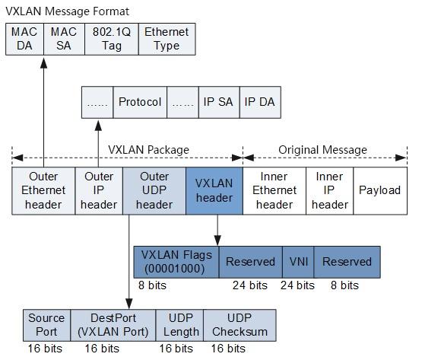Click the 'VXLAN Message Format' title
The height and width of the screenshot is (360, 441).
tap(68, 11)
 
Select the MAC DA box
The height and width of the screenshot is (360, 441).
tap(24, 39)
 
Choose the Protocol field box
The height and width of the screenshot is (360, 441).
tap(139, 102)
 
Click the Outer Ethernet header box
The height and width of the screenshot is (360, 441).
tap(43, 190)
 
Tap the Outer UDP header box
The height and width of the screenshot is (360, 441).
tap(157, 190)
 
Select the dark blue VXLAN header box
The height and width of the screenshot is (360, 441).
tap(214, 190)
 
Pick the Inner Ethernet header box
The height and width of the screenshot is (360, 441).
tap(274, 190)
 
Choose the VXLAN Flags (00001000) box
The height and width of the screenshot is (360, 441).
tap(176, 262)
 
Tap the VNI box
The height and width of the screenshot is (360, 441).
tap(297, 262)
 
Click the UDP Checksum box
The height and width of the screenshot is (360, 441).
tap(240, 325)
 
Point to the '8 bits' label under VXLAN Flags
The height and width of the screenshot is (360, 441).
tap(152, 285)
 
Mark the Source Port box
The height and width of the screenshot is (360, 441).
tap(46, 325)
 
